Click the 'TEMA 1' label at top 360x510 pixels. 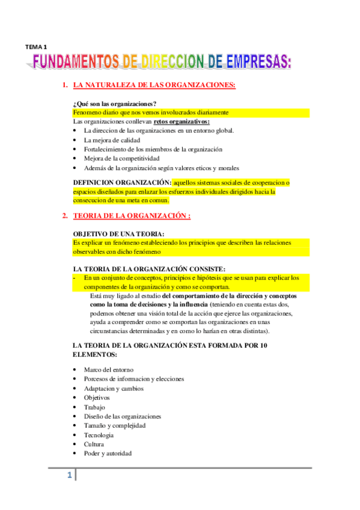tap(36, 46)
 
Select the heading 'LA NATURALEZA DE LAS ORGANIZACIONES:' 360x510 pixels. tap(154, 85)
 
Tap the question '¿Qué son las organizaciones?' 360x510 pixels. tap(114, 103)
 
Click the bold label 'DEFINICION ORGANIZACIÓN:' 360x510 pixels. tap(121, 182)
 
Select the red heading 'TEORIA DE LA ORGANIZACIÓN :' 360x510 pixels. tap(131, 216)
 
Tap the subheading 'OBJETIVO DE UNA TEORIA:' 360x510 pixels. tap(118, 233)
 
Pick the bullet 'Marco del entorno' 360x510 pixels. tap(109, 369)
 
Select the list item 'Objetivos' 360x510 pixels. tap(97, 398)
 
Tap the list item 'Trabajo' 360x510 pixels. tap(94, 407)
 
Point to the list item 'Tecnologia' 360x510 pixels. tap(99, 435)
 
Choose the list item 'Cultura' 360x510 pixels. tap(95, 444)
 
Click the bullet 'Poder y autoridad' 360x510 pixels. tap(108, 453)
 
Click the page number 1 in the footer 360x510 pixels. tap(69, 476)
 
